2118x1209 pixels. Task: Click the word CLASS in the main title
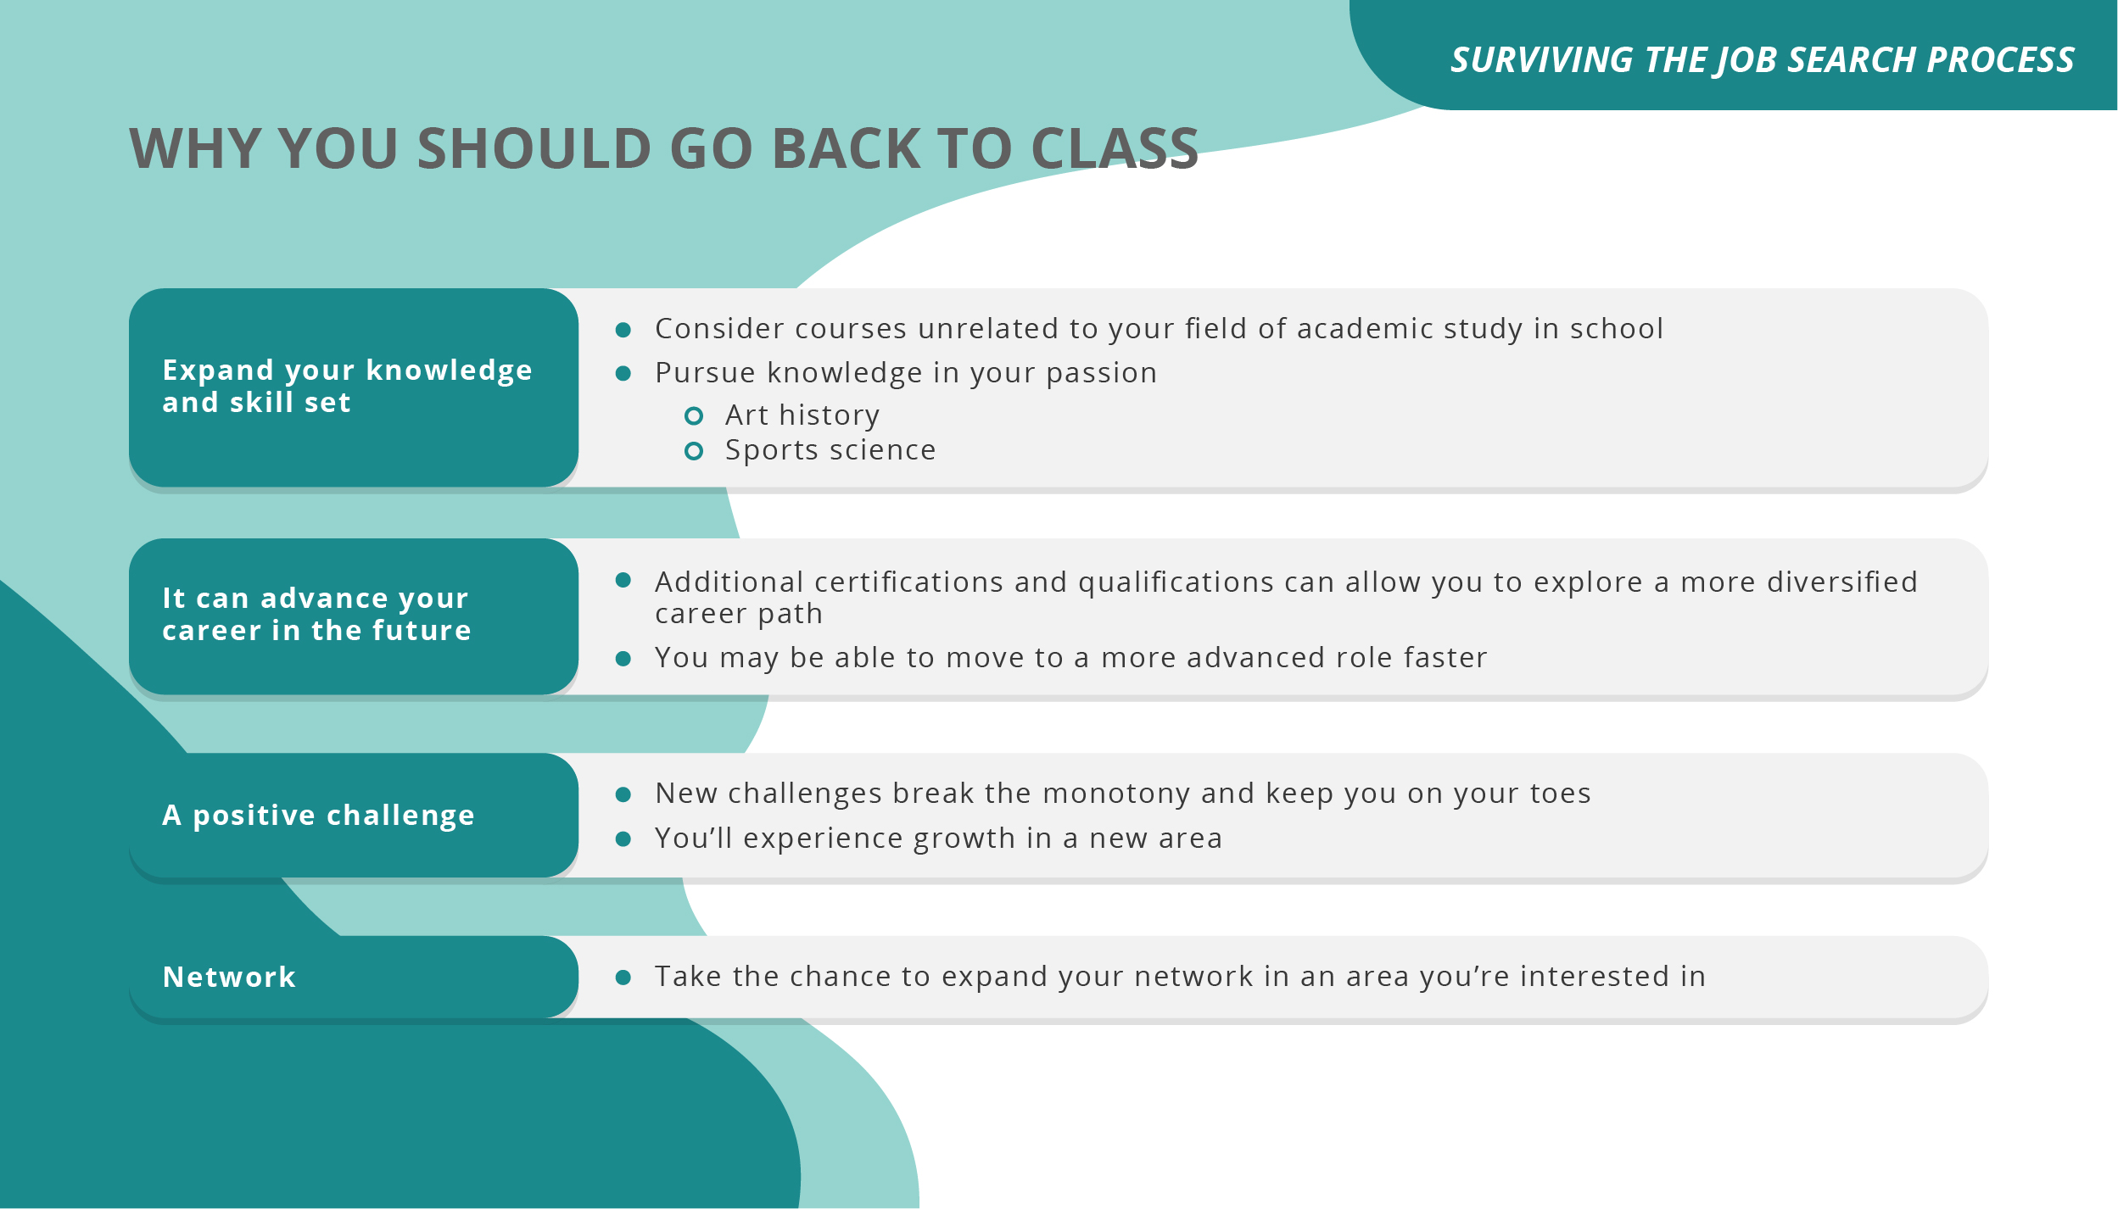point(1114,149)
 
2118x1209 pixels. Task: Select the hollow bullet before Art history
point(693,415)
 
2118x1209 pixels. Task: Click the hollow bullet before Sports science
point(693,451)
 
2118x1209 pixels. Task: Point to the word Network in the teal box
point(229,978)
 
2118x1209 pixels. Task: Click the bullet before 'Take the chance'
point(623,978)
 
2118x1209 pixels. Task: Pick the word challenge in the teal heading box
point(400,816)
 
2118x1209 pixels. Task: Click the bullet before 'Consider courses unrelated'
point(623,330)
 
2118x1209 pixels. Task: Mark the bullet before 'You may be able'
point(623,659)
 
